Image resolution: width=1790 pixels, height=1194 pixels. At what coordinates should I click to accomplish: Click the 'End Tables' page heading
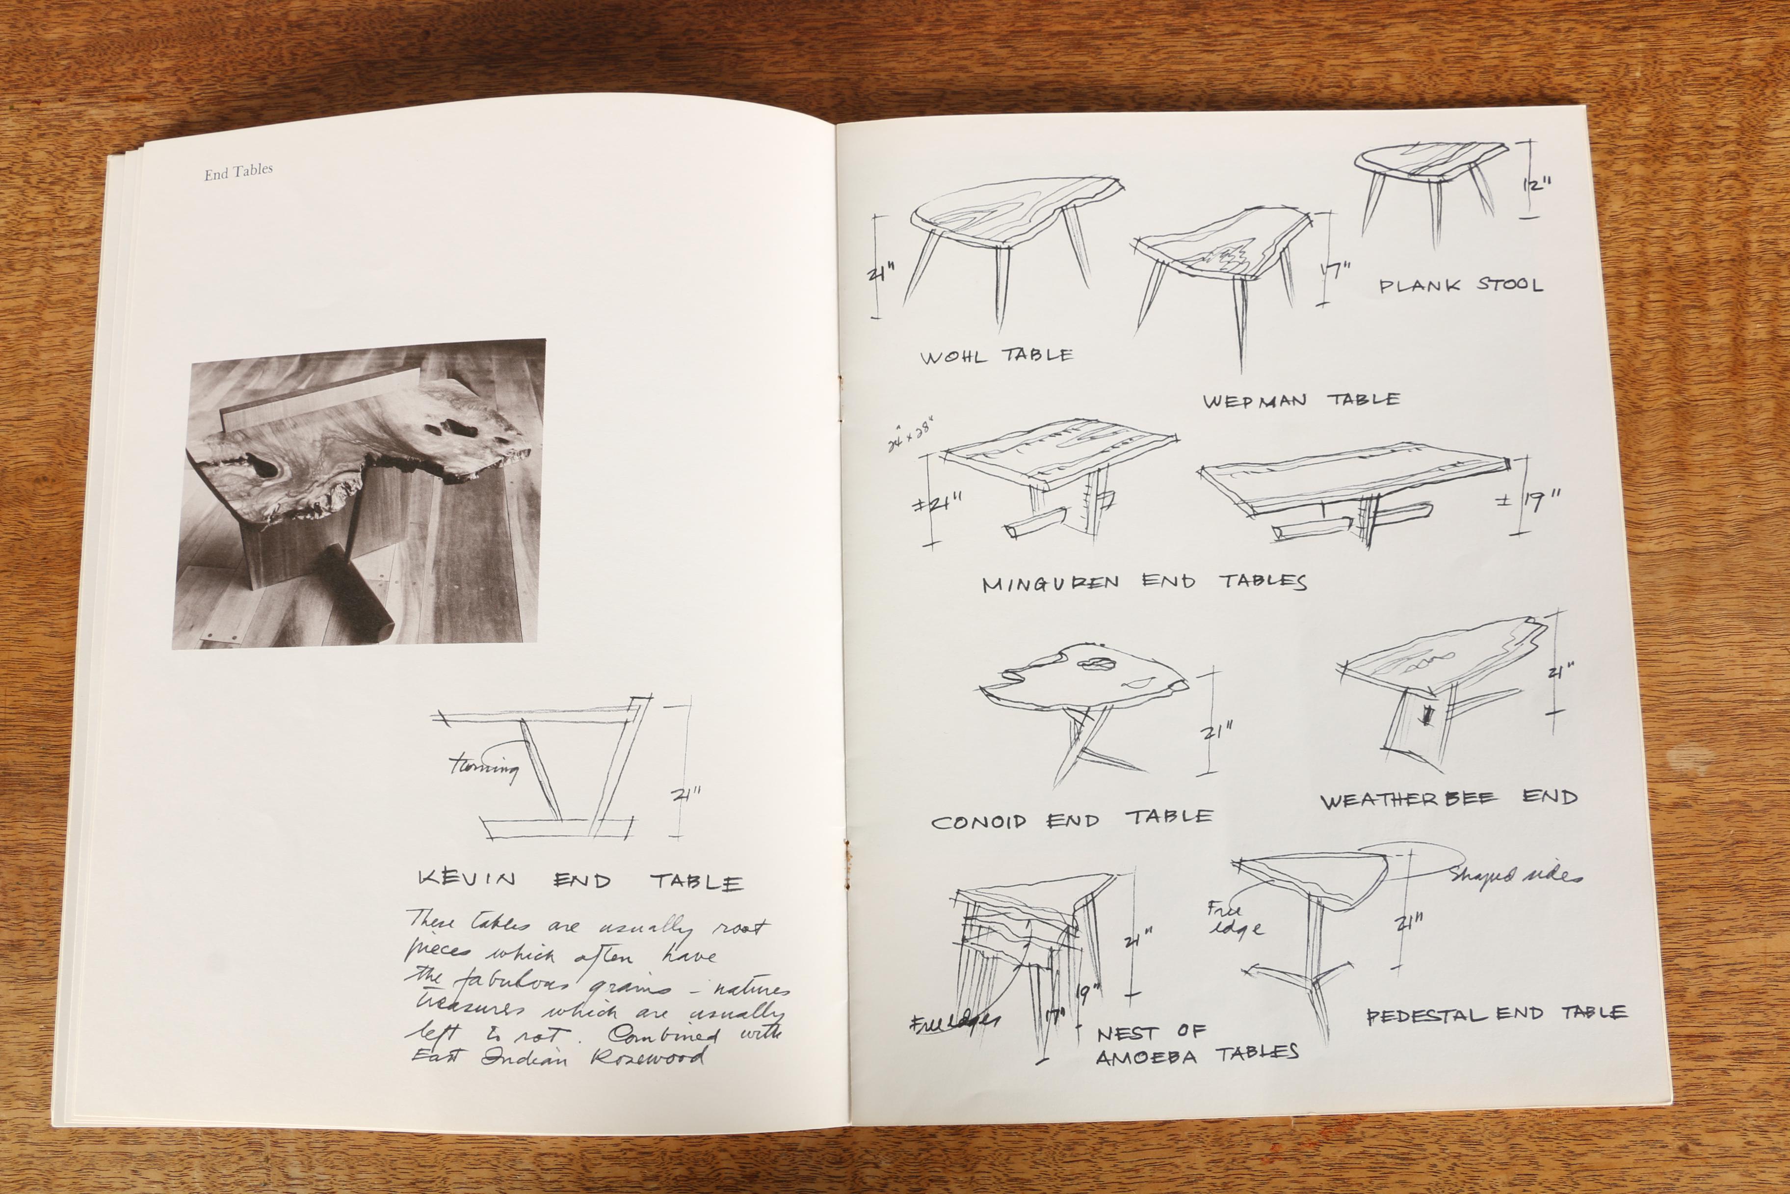click(x=238, y=172)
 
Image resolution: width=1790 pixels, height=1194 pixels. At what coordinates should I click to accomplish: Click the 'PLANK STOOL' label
click(x=1461, y=286)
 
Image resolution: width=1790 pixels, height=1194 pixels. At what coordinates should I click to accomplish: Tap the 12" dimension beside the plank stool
click(x=1537, y=185)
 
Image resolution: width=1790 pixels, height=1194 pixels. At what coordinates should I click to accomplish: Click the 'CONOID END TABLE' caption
click(x=1072, y=820)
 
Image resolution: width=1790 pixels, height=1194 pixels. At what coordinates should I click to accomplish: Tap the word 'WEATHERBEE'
click(x=1408, y=800)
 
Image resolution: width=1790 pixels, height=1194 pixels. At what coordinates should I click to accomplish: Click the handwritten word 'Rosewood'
click(x=648, y=1058)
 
